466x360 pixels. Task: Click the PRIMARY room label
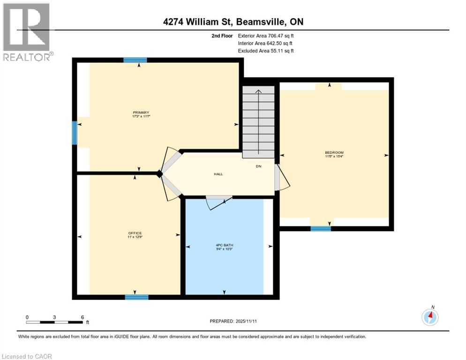(x=141, y=112)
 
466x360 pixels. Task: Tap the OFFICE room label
(x=135, y=233)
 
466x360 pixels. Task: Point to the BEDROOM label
(x=334, y=152)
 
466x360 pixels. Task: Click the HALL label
(x=218, y=174)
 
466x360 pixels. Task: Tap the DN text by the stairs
(x=258, y=166)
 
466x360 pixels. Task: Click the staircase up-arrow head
(x=258, y=91)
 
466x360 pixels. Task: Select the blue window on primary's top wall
(x=135, y=60)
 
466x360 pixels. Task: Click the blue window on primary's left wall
(x=74, y=133)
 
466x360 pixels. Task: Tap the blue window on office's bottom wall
(x=136, y=297)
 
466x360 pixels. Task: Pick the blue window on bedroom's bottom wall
(x=321, y=229)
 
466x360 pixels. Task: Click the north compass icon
(x=430, y=317)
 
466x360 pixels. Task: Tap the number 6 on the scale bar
(x=82, y=317)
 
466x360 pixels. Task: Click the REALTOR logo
(x=27, y=32)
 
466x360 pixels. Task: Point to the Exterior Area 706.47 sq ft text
(x=266, y=36)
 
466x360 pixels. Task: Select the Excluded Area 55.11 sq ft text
(x=266, y=51)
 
